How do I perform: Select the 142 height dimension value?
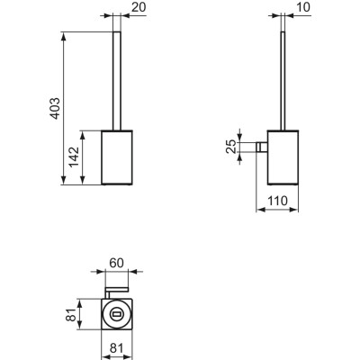74,158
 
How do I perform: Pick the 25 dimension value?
230,147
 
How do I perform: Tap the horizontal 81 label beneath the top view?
117,346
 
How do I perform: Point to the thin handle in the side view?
285,81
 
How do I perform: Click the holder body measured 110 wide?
285,158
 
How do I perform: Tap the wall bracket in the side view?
262,147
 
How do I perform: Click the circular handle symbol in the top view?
116,315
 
